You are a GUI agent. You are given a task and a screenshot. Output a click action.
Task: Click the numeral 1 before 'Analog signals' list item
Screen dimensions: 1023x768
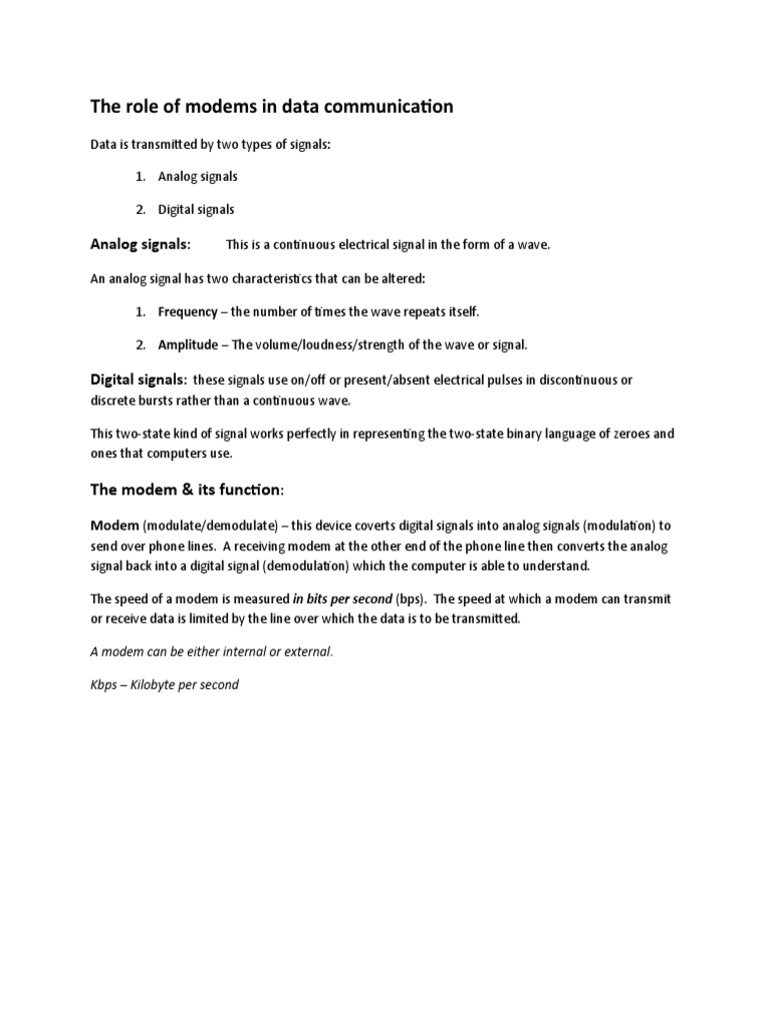[140, 177]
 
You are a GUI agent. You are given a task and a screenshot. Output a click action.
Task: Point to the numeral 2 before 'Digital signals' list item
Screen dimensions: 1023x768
[140, 210]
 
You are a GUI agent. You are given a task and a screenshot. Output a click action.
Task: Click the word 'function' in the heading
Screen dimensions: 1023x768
[252, 490]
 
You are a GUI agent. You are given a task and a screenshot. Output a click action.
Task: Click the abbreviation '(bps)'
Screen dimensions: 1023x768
[408, 599]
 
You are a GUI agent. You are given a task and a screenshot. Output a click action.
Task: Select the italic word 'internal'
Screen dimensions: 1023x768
[241, 652]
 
